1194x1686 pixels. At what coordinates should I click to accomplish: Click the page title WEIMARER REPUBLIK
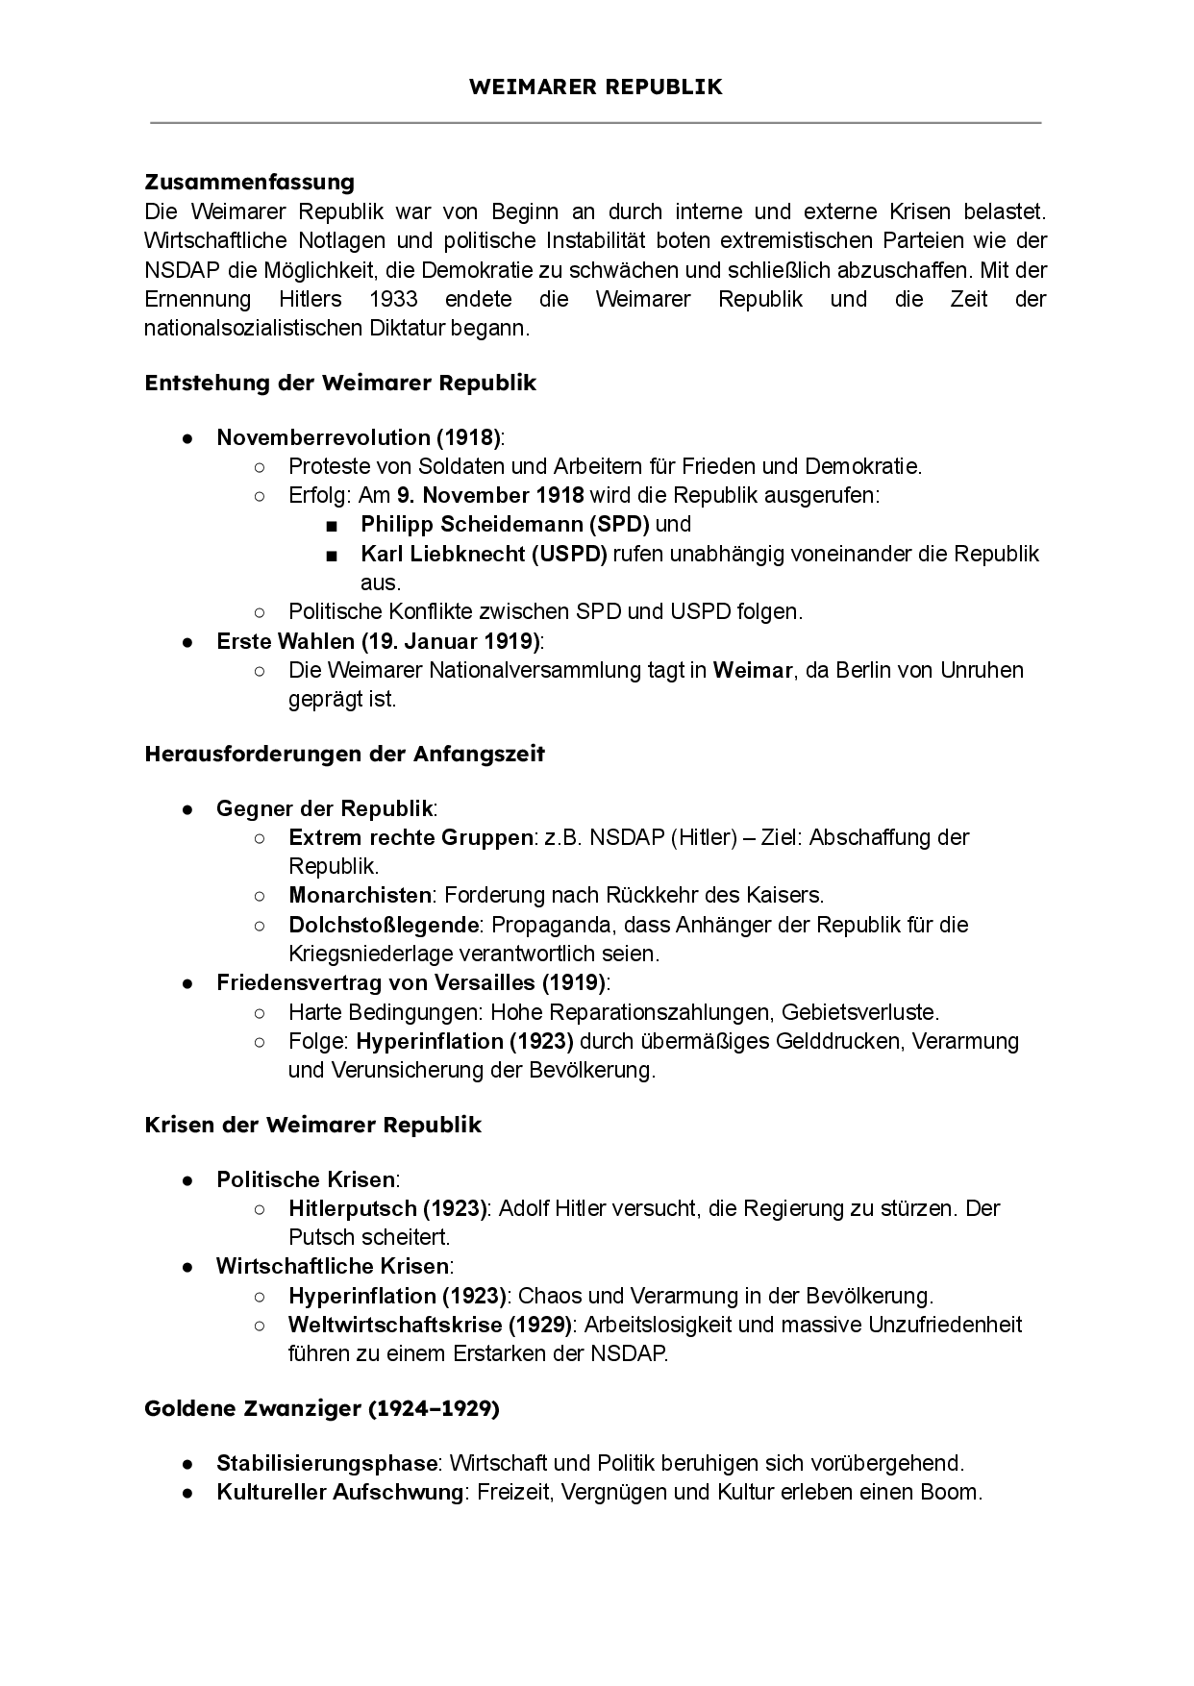[596, 87]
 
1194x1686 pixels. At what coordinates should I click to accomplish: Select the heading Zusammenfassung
[249, 182]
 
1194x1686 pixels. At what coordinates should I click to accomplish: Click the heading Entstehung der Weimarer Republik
[340, 383]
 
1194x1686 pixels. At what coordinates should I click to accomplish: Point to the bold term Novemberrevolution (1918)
[358, 437]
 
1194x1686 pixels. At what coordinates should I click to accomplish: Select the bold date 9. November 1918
[490, 495]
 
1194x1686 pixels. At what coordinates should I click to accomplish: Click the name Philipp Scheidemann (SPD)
[505, 524]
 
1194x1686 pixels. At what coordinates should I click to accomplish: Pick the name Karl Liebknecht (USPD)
[484, 554]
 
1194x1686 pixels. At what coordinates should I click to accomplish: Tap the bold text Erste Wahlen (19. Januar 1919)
[379, 641]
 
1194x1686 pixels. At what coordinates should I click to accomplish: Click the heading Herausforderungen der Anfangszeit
[344, 754]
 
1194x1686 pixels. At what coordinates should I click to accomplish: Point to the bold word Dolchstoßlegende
[384, 925]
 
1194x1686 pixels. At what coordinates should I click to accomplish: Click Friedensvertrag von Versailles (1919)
[411, 982]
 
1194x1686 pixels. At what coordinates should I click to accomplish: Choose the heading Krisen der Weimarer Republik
[312, 1125]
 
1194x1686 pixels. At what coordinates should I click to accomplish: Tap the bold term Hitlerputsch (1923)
[388, 1208]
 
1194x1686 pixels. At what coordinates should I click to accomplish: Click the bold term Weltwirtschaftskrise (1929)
[430, 1325]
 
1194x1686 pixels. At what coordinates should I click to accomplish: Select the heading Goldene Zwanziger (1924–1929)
[322, 1409]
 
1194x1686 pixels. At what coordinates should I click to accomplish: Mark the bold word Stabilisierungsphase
[327, 1463]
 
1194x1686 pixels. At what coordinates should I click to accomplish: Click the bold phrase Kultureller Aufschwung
[339, 1492]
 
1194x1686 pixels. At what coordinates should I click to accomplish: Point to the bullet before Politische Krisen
[188, 1179]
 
